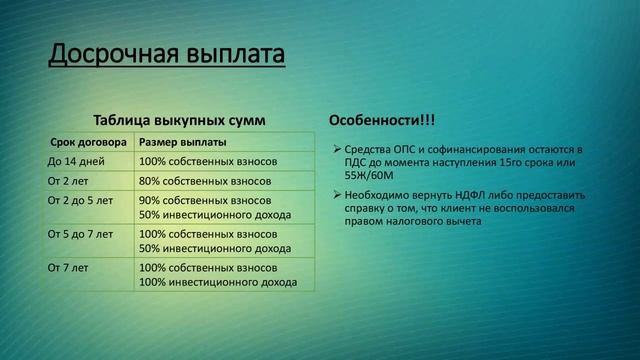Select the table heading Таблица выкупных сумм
179,120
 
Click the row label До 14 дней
74,161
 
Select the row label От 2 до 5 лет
80,200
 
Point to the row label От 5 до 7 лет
80,234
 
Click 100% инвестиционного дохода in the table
218,282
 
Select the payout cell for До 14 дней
207,161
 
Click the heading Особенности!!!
382,121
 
